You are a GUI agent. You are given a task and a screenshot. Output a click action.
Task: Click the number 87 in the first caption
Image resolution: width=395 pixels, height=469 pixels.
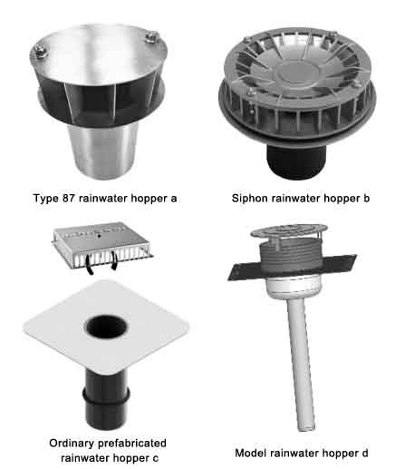click(x=69, y=199)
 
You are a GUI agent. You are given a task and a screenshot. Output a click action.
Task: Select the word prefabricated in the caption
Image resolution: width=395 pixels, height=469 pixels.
click(x=132, y=444)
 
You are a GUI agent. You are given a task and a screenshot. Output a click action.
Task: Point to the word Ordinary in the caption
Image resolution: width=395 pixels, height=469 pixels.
click(x=72, y=444)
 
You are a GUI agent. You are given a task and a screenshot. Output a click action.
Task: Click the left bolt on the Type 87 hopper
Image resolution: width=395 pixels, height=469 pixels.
click(x=41, y=51)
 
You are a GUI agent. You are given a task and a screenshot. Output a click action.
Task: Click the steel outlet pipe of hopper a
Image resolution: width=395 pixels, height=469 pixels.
click(x=102, y=151)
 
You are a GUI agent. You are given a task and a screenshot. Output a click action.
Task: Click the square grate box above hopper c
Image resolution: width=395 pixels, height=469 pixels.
click(x=102, y=246)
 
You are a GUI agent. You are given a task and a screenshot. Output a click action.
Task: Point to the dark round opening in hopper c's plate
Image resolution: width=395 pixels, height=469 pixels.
click(x=106, y=327)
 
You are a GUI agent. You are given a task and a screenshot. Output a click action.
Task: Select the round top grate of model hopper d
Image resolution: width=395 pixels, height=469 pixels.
click(x=289, y=231)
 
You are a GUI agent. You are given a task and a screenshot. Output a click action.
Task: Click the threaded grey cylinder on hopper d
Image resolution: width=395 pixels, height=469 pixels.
click(x=289, y=257)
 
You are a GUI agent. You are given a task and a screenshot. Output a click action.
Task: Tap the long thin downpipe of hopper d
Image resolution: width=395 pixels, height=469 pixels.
click(x=302, y=363)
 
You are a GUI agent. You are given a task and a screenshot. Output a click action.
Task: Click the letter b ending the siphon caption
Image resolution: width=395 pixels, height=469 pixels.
click(x=366, y=199)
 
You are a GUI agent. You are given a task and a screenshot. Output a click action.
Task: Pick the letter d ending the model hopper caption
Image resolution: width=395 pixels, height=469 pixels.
click(x=364, y=453)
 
